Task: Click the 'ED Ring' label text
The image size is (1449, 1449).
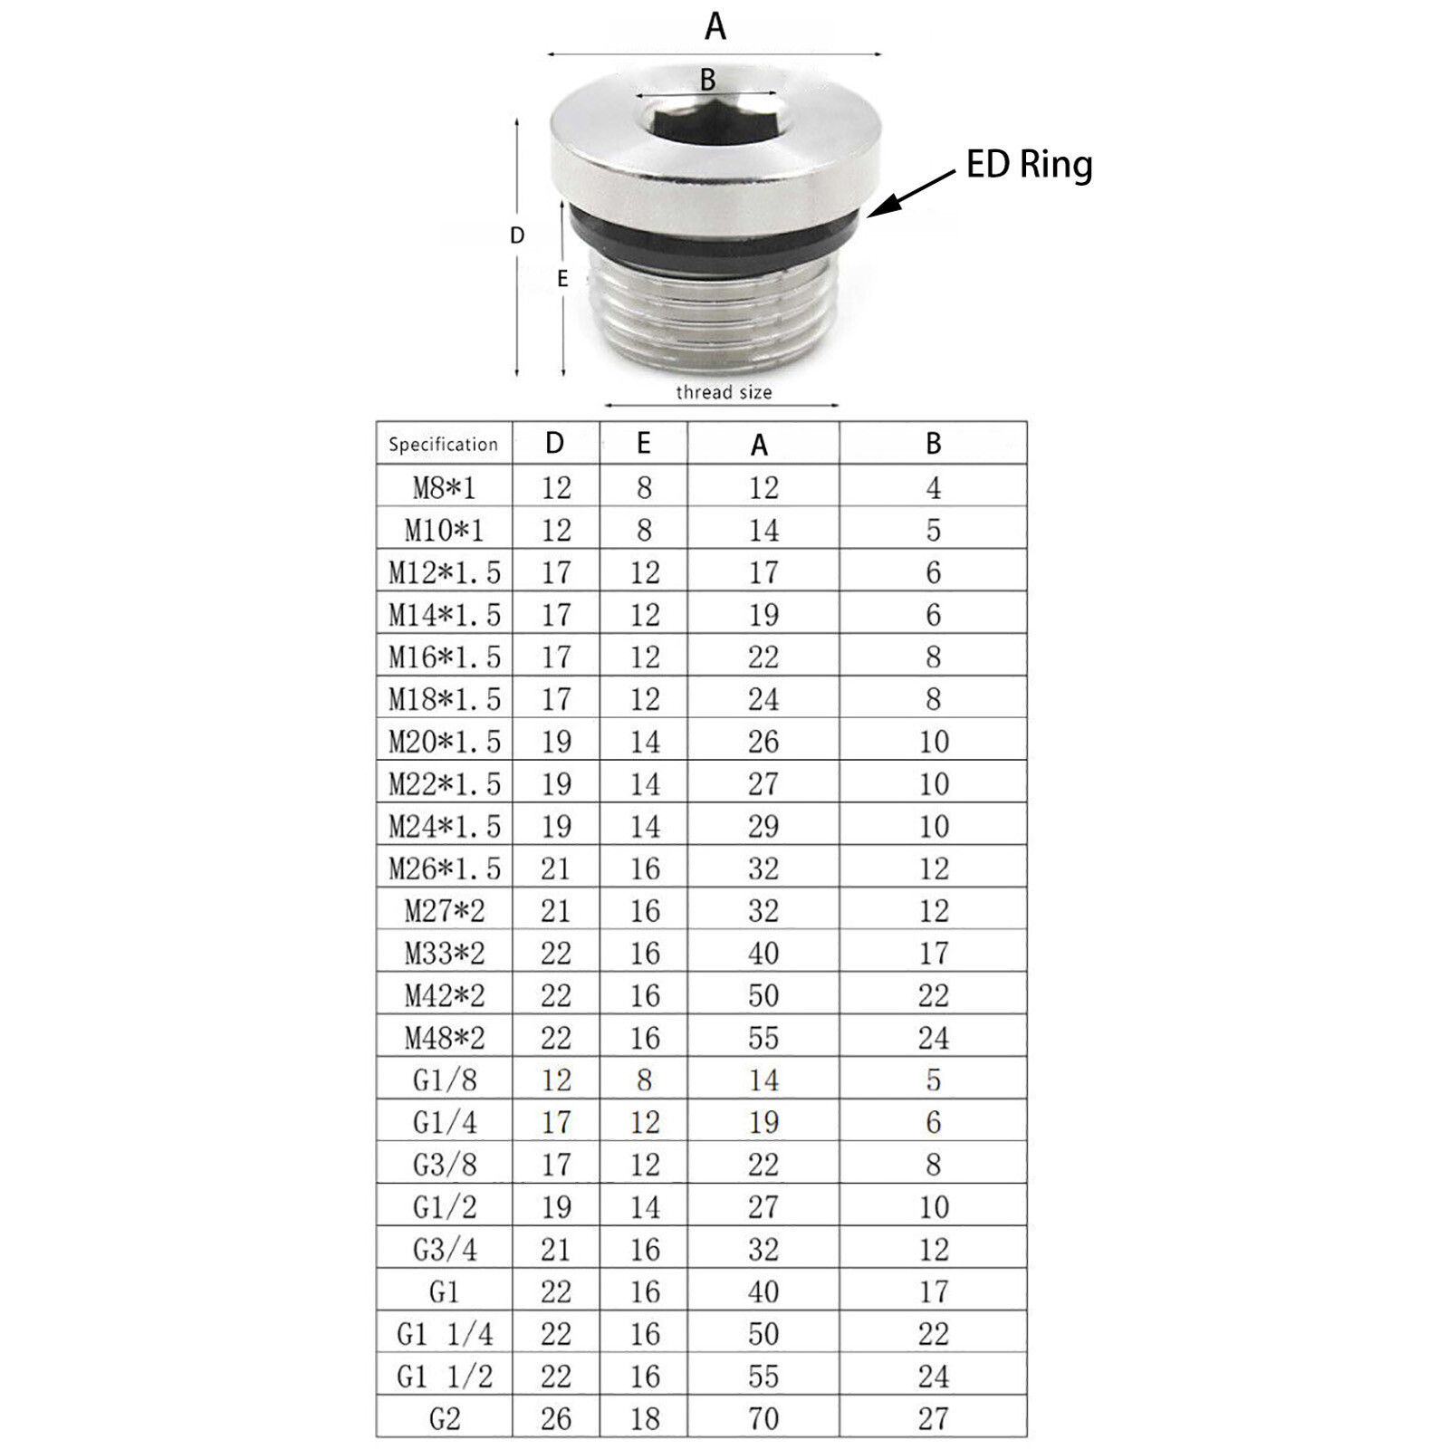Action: click(x=1029, y=165)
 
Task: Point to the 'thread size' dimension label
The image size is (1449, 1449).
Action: click(x=724, y=392)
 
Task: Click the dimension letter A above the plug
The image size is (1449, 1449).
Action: click(x=715, y=27)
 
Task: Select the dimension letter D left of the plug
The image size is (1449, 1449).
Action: click(x=517, y=235)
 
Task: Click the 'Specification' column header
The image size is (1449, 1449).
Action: click(x=443, y=444)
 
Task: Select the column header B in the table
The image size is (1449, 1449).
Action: click(x=933, y=444)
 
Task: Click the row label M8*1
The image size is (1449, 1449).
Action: click(x=444, y=487)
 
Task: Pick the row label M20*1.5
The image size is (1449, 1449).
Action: click(x=444, y=742)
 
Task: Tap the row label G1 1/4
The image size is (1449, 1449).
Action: click(x=444, y=1334)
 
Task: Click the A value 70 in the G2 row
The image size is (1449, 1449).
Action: click(x=763, y=1418)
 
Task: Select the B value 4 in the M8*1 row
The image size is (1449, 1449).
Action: click(x=933, y=487)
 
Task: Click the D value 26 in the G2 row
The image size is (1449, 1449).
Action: click(x=555, y=1418)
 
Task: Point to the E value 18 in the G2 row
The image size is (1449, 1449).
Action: click(x=644, y=1418)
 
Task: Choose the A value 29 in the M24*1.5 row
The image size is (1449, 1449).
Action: click(x=763, y=826)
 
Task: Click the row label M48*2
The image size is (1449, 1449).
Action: click(x=444, y=1038)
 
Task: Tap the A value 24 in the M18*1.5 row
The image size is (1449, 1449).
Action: click(x=763, y=699)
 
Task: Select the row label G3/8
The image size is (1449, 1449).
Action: click(x=444, y=1165)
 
